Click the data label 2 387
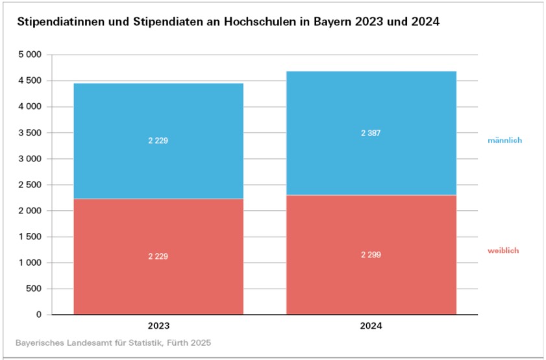click(371, 133)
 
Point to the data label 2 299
click(371, 255)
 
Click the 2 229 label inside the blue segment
click(158, 140)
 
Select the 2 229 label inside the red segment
click(158, 256)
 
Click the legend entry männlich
click(504, 140)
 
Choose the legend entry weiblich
click(503, 250)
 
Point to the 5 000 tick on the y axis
click(31, 54)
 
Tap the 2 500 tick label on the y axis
click(31, 185)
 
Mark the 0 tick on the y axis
click(39, 315)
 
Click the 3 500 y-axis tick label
click(31, 133)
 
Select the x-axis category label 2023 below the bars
click(158, 327)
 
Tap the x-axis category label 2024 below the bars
click(371, 327)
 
